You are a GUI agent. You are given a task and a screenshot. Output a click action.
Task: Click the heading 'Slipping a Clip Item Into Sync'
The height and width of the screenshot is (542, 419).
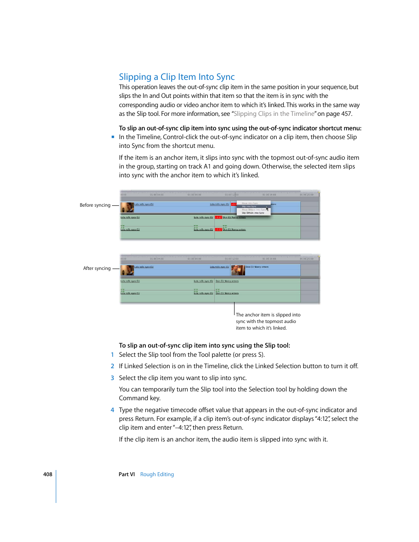pos(177,77)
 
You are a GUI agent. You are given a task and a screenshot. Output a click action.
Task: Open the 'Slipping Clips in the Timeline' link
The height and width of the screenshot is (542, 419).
pos(274,114)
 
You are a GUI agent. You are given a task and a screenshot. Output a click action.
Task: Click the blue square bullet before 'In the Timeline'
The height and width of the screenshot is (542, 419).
pos(113,137)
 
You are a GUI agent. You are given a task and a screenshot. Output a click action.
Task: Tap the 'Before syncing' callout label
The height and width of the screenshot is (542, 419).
pos(95,205)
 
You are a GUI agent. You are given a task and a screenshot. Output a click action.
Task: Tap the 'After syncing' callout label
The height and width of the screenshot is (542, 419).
pos(97,268)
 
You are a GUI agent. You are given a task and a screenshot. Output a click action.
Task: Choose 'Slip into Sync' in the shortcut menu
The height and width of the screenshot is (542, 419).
pos(249,206)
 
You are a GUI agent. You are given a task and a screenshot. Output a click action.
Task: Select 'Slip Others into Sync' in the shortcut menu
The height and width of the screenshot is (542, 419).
pos(253,213)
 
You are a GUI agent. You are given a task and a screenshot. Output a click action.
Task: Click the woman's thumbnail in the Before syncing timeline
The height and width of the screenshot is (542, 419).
pos(127,207)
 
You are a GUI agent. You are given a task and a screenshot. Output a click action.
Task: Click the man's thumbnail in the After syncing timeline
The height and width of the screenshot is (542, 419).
pos(238,270)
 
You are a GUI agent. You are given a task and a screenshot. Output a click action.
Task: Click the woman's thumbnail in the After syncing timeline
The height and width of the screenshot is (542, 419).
pos(127,270)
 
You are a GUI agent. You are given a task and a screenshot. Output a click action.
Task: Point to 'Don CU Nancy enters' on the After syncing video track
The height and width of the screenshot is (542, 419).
pos(257,267)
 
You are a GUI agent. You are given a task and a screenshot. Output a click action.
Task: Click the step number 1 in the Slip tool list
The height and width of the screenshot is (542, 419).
pos(112,355)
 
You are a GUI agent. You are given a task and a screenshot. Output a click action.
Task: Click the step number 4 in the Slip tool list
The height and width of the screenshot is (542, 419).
pos(112,410)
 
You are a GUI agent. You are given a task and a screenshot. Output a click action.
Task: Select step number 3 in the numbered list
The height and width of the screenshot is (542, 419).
pos(112,378)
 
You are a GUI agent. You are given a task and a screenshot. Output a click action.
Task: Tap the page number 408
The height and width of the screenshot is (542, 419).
pos(47,474)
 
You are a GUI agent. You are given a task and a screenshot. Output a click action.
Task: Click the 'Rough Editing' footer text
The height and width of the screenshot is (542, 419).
pos(157,474)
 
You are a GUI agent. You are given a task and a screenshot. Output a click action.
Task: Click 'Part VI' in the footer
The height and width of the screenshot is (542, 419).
pos(126,474)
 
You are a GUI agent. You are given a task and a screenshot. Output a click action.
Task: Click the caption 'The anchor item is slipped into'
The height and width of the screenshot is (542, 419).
pos(268,315)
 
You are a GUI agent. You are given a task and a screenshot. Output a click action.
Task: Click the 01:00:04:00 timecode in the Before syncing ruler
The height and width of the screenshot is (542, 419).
pos(157,195)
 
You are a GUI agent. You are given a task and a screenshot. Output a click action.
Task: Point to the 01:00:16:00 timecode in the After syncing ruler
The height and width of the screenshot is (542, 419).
pos(269,259)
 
